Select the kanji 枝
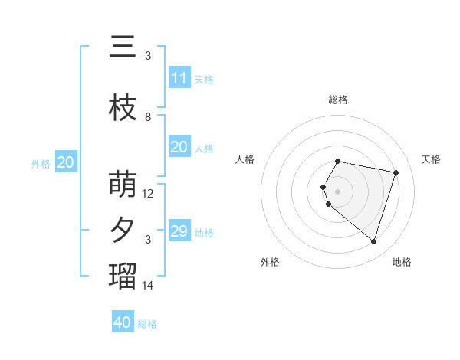point(123,108)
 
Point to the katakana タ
point(123,231)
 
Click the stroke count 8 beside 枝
point(148,117)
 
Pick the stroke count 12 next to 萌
point(148,194)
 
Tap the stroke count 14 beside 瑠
point(148,286)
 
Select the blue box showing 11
point(179,78)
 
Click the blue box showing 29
point(179,231)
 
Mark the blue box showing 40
point(123,322)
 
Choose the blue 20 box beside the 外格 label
point(66,162)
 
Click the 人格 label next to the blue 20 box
point(204,148)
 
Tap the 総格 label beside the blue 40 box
point(147,324)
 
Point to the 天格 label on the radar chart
point(431,159)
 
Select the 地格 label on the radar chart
point(402,262)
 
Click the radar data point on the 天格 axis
point(396,172)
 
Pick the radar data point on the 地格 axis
point(373,242)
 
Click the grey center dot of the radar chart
point(337,191)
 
